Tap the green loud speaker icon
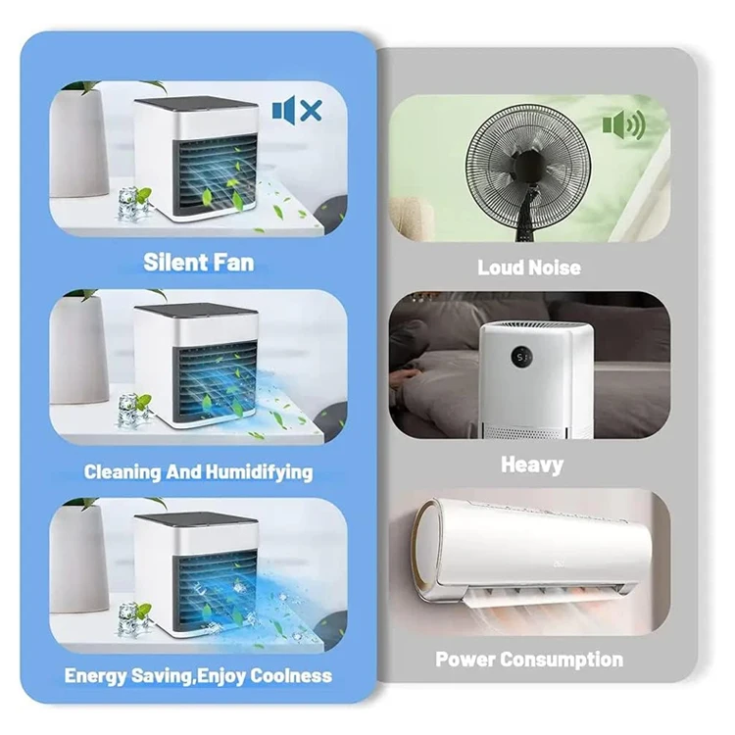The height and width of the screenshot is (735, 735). pyautogui.click(x=623, y=125)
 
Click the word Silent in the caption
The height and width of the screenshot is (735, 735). pyautogui.click(x=174, y=263)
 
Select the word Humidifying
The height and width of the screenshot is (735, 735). pyautogui.click(x=259, y=472)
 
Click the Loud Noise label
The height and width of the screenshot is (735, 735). pyautogui.click(x=529, y=268)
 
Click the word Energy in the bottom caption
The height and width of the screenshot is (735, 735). pyautogui.click(x=95, y=676)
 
